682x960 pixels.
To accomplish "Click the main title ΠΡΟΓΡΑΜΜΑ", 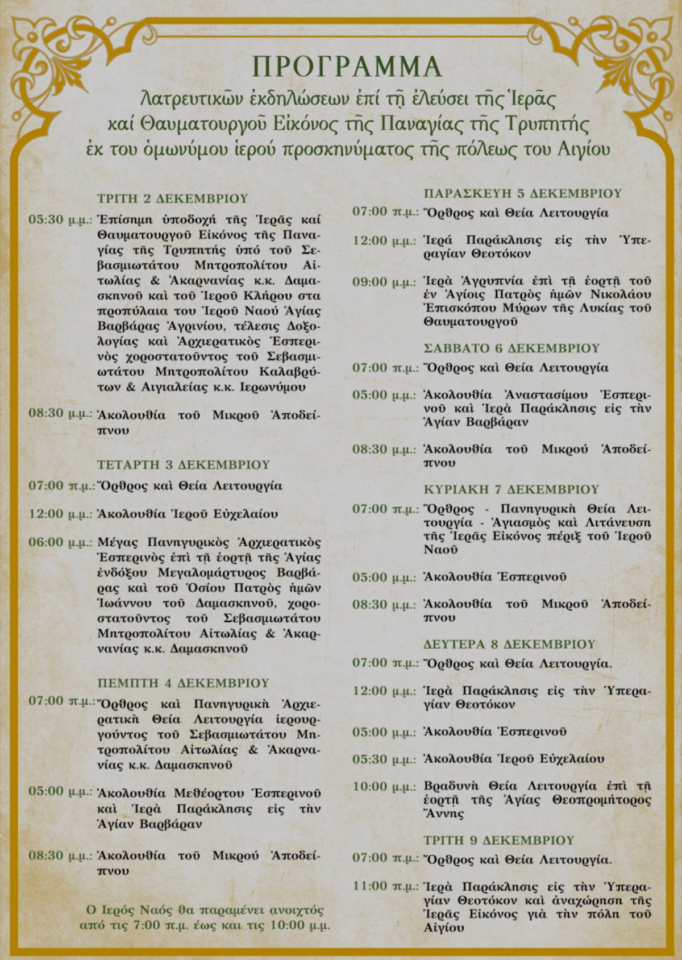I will (347, 67).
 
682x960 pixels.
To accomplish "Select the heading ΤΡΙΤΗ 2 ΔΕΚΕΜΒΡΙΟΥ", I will (173, 198).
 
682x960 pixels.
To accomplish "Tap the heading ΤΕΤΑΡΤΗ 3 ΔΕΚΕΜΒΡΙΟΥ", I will (183, 464).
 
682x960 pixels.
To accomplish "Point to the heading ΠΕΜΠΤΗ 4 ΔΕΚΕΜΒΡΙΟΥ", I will (183, 683).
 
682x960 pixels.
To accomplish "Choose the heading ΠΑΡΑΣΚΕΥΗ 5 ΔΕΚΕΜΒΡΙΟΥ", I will (523, 193).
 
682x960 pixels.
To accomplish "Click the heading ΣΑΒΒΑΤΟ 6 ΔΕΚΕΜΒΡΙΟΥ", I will (511, 348).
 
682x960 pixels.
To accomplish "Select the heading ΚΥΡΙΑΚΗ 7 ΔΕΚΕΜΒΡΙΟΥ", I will (511, 489).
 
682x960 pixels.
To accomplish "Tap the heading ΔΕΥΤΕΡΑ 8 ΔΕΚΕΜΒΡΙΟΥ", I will (510, 644).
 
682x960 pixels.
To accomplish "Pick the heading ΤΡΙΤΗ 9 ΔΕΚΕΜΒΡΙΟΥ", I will (499, 840).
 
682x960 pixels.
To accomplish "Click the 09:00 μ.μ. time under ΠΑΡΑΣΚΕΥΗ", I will (384, 282).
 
